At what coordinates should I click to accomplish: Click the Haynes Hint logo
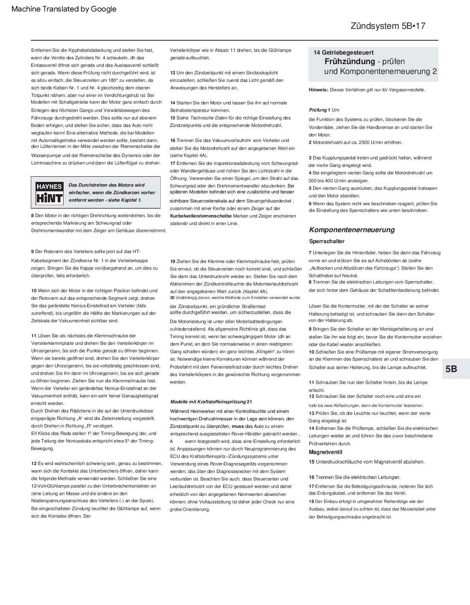tap(49, 192)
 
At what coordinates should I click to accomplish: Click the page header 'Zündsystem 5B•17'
tap(388, 26)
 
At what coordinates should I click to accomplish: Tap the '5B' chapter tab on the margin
tap(451, 369)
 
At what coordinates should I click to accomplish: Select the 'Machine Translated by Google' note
tap(64, 9)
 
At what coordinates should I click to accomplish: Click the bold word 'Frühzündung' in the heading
tap(350, 61)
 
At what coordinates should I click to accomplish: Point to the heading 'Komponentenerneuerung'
tap(352, 230)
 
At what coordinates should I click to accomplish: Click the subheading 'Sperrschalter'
tap(327, 241)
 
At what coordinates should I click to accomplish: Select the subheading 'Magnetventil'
tap(325, 452)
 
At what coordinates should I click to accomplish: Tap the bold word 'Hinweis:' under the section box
tap(318, 90)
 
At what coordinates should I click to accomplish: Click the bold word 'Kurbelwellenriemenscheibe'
tap(201, 216)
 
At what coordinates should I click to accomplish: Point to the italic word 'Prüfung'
tap(318, 110)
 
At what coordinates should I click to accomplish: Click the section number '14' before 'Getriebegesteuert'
tap(317, 53)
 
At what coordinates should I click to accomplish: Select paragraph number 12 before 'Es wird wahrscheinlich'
tap(34, 463)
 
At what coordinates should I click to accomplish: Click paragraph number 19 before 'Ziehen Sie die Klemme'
tap(173, 261)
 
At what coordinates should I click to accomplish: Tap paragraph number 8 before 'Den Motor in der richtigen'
tap(32, 216)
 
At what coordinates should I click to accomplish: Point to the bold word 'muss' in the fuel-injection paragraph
tap(238, 426)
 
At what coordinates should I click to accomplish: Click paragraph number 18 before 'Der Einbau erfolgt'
tap(311, 501)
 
